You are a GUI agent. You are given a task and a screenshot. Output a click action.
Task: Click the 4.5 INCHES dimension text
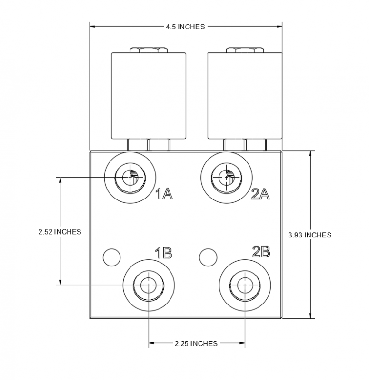(185, 27)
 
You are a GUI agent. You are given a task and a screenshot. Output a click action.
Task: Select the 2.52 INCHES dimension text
(60, 232)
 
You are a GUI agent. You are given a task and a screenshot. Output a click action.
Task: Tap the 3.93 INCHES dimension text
(310, 235)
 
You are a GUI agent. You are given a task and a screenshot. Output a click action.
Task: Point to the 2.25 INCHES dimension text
(196, 343)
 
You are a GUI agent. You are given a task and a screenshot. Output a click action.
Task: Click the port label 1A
(164, 194)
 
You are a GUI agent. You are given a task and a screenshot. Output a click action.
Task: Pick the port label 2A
(260, 194)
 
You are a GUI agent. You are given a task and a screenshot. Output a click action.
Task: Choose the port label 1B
(163, 253)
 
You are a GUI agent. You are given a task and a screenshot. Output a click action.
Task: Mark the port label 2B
(261, 251)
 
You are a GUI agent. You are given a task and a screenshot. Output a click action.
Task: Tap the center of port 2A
(226, 178)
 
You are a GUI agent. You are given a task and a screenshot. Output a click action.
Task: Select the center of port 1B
(149, 285)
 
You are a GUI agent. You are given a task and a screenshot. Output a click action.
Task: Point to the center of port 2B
(245, 285)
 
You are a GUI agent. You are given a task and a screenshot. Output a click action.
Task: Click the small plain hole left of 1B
(112, 257)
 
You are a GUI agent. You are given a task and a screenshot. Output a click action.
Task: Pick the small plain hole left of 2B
(208, 257)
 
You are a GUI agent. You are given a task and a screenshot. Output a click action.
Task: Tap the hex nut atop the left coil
(148, 49)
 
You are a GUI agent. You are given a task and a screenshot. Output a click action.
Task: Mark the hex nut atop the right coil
(244, 49)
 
